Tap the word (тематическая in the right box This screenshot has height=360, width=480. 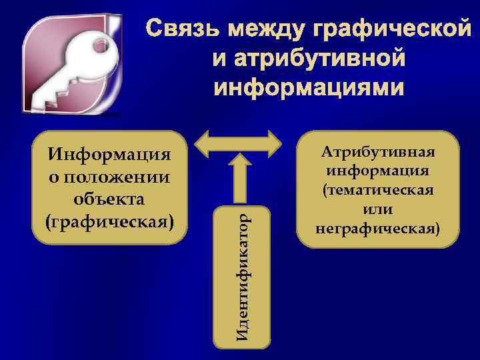pyautogui.click(x=378, y=189)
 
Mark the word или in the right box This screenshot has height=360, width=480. pyautogui.click(x=377, y=209)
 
